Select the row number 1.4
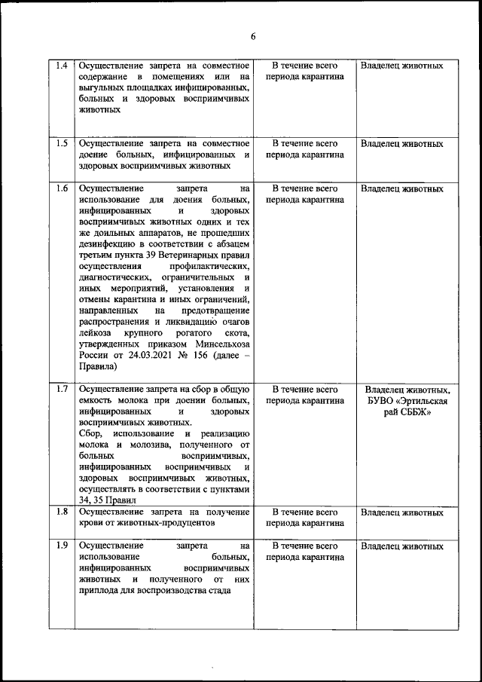click(x=63, y=66)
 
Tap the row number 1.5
click(x=63, y=143)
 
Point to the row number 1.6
click(x=63, y=188)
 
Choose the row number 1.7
click(x=63, y=389)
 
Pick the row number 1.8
click(x=63, y=512)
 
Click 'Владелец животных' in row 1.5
click(x=401, y=143)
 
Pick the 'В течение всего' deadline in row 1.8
click(x=304, y=512)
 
